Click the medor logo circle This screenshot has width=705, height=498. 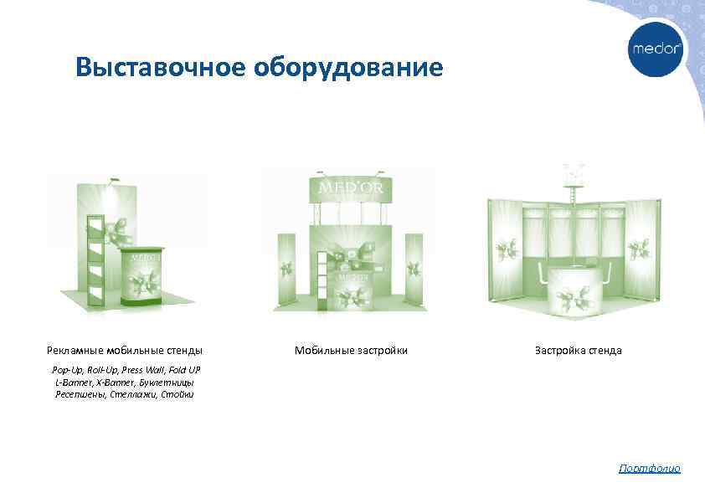pyautogui.click(x=656, y=49)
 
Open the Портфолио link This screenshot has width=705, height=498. pyautogui.click(x=649, y=469)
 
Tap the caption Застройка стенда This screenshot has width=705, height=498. pyautogui.click(x=578, y=350)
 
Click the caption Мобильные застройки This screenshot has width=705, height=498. pyautogui.click(x=351, y=350)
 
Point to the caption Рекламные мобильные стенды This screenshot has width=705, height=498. pyautogui.click(x=124, y=350)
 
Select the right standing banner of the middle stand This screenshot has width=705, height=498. pyautogui.click(x=414, y=270)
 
